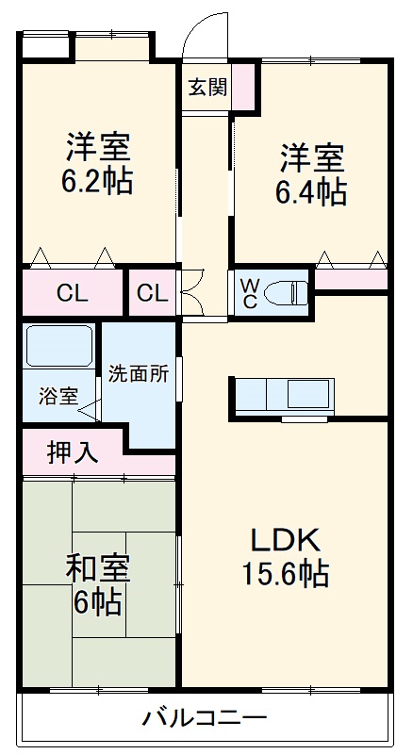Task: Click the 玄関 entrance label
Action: coord(206,88)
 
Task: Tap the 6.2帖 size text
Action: coord(98,181)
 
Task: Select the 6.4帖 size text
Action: coord(310,191)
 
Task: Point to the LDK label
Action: coord(285,540)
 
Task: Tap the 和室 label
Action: coord(97,569)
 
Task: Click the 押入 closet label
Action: coord(72,452)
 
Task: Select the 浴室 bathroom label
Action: coord(58,396)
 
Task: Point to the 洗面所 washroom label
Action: coord(138,373)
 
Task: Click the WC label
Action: coord(249,291)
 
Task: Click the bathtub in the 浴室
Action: coord(58,347)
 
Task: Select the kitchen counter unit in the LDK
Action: coord(284,396)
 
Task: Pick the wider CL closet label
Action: coord(72,293)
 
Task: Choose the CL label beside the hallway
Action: coord(151,293)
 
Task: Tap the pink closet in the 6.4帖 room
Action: coord(351,280)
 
